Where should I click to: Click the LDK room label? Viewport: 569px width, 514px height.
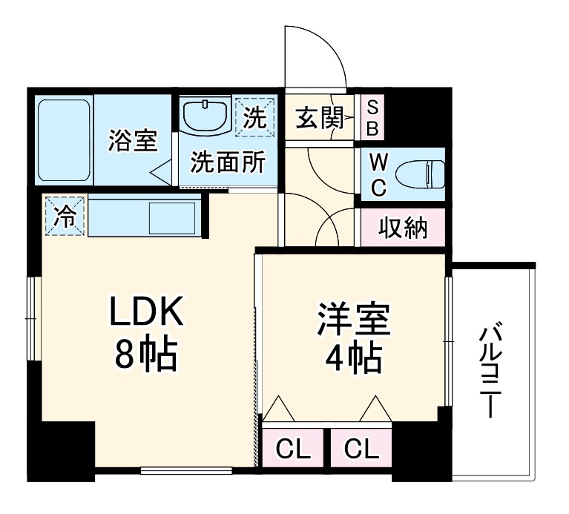tap(146, 314)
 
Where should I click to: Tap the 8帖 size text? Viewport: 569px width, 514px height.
tap(146, 357)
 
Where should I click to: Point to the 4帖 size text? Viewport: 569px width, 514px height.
tap(353, 359)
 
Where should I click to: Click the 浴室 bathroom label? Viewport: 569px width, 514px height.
tap(133, 140)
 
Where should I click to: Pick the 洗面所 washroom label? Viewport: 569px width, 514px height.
tap(227, 162)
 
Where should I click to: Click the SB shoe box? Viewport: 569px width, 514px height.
tap(373, 118)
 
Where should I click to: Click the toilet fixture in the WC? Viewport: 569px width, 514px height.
tap(418, 176)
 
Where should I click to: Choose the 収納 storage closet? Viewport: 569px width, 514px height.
tap(404, 228)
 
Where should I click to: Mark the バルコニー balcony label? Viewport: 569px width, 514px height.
tap(490, 371)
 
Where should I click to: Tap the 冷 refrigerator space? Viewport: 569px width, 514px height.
tap(65, 217)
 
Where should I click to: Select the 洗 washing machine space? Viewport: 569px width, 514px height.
tap(254, 118)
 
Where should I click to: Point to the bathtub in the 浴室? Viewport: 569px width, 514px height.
tap(64, 140)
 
